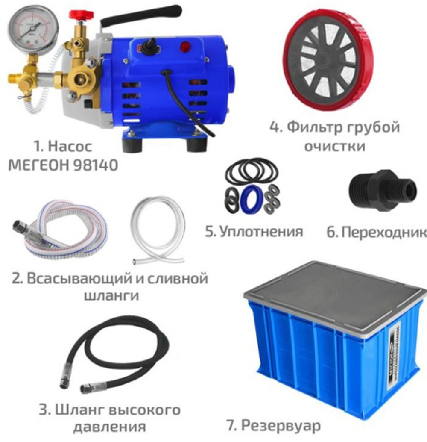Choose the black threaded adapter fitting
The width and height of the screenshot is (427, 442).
[x=382, y=190]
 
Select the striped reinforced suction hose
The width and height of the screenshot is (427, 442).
[x=64, y=231]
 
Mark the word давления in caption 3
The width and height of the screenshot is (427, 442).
[x=110, y=426]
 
